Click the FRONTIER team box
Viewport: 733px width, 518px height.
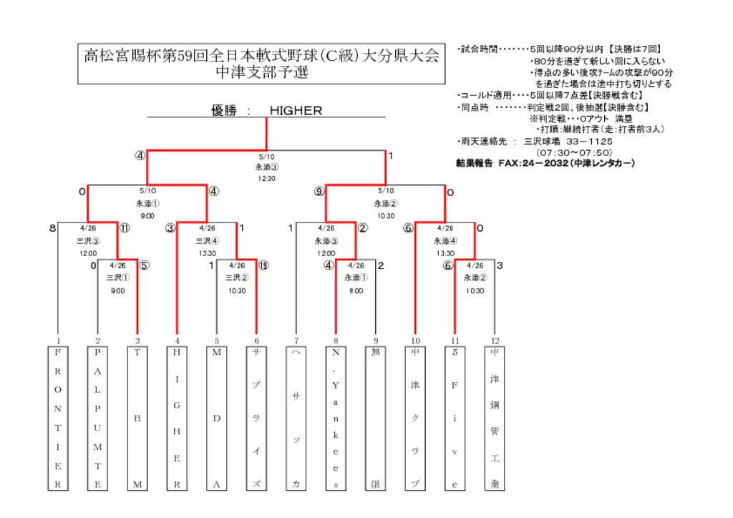(58, 419)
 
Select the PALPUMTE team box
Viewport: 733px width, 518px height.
(98, 419)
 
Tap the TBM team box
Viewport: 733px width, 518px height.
(137, 419)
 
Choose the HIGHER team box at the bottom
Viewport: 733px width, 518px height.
(177, 419)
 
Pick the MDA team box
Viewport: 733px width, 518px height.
(217, 419)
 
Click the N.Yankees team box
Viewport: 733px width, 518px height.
(336, 419)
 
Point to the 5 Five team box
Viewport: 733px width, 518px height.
(455, 419)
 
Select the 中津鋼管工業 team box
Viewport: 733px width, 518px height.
(494, 419)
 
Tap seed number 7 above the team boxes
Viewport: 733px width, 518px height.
(296, 341)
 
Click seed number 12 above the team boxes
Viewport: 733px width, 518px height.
(494, 341)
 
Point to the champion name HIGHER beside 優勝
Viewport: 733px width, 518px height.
(296, 111)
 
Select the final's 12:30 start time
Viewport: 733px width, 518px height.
(266, 178)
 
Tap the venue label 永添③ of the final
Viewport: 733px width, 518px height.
(266, 167)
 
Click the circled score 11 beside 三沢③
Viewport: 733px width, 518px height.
(125, 228)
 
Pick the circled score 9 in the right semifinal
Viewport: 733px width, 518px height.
(319, 191)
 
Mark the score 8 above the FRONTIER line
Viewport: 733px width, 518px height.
(52, 228)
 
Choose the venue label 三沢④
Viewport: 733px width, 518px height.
(208, 241)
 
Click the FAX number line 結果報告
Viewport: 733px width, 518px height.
(545, 163)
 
